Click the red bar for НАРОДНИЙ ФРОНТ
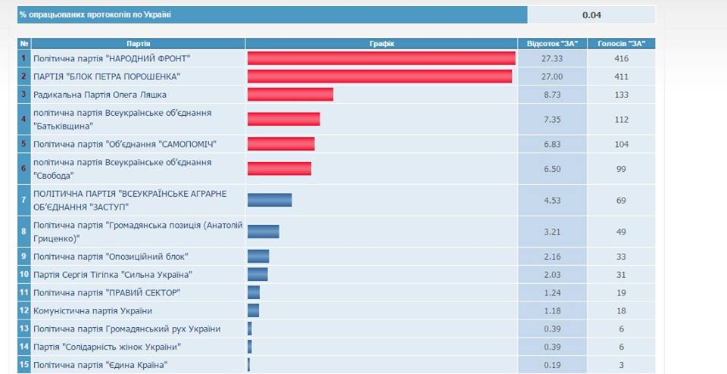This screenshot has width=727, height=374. (381, 58)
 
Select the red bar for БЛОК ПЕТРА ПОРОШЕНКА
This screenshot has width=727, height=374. (379, 76)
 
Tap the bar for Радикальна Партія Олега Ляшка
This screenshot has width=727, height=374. (290, 95)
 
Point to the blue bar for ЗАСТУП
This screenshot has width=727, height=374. (270, 200)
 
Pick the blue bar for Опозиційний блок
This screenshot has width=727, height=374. (258, 257)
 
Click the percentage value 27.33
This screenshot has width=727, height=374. (552, 58)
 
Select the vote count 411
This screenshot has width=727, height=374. (622, 76)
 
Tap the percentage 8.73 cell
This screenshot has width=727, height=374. (552, 95)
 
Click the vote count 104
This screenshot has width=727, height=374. (622, 144)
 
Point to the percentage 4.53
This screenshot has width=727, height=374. (552, 200)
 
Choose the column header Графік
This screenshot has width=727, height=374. (381, 43)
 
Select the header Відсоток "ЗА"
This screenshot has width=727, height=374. (552, 43)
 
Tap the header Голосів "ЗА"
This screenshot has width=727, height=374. (622, 43)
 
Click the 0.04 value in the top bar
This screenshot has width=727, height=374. (591, 15)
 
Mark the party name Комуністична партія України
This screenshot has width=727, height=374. (93, 310)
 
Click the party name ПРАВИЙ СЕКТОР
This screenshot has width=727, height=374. (107, 292)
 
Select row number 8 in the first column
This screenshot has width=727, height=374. (24, 231)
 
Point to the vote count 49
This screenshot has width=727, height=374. (622, 231)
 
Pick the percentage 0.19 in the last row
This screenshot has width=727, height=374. (552, 365)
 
